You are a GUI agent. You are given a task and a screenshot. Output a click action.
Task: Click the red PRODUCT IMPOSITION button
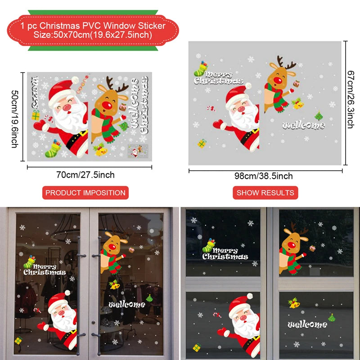[85, 193]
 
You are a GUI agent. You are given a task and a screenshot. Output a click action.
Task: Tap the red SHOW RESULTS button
[265, 193]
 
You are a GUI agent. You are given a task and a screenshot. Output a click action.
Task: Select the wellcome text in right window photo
[307, 324]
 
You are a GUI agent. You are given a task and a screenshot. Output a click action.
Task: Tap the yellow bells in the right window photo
[295, 304]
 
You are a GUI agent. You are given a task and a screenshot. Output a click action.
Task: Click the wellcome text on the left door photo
[127, 305]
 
